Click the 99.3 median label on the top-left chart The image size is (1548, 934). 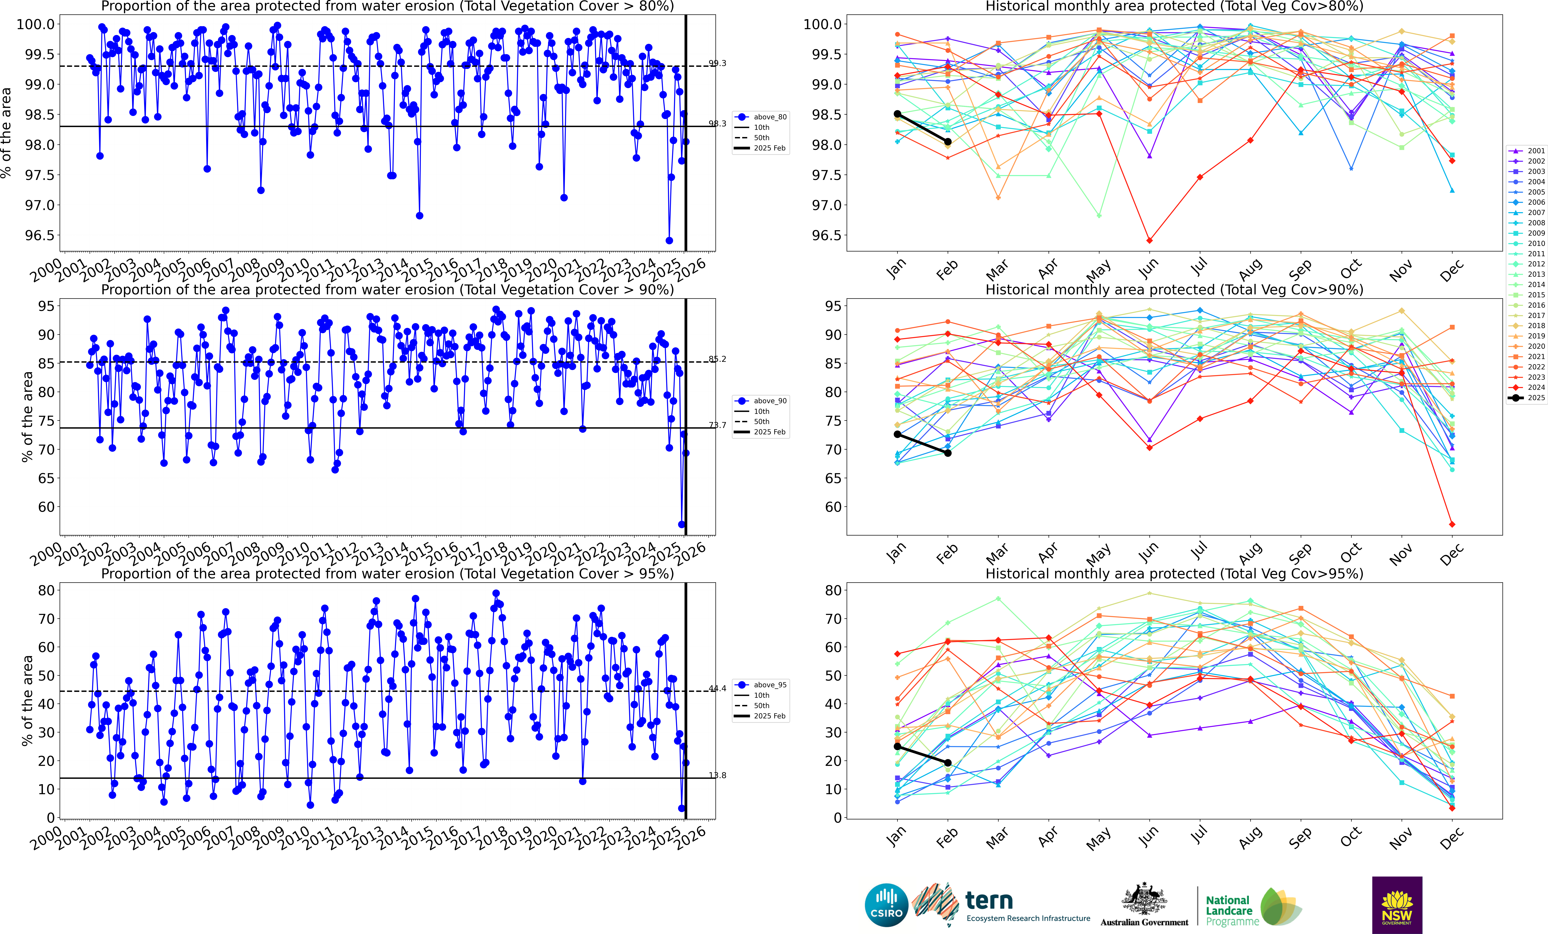point(717,63)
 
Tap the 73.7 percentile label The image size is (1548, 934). point(717,425)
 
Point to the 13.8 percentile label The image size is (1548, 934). point(717,775)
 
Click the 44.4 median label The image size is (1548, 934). point(717,688)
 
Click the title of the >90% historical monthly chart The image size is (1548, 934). point(1174,290)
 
